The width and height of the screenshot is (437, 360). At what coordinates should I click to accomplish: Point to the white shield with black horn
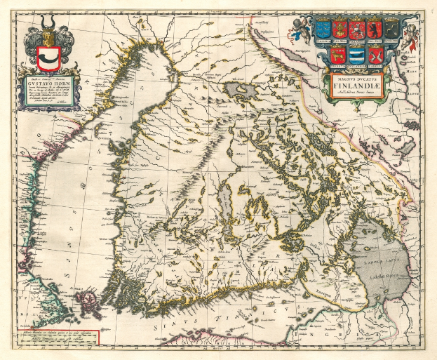(48, 59)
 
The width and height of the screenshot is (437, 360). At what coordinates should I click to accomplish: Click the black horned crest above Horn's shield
(48, 36)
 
